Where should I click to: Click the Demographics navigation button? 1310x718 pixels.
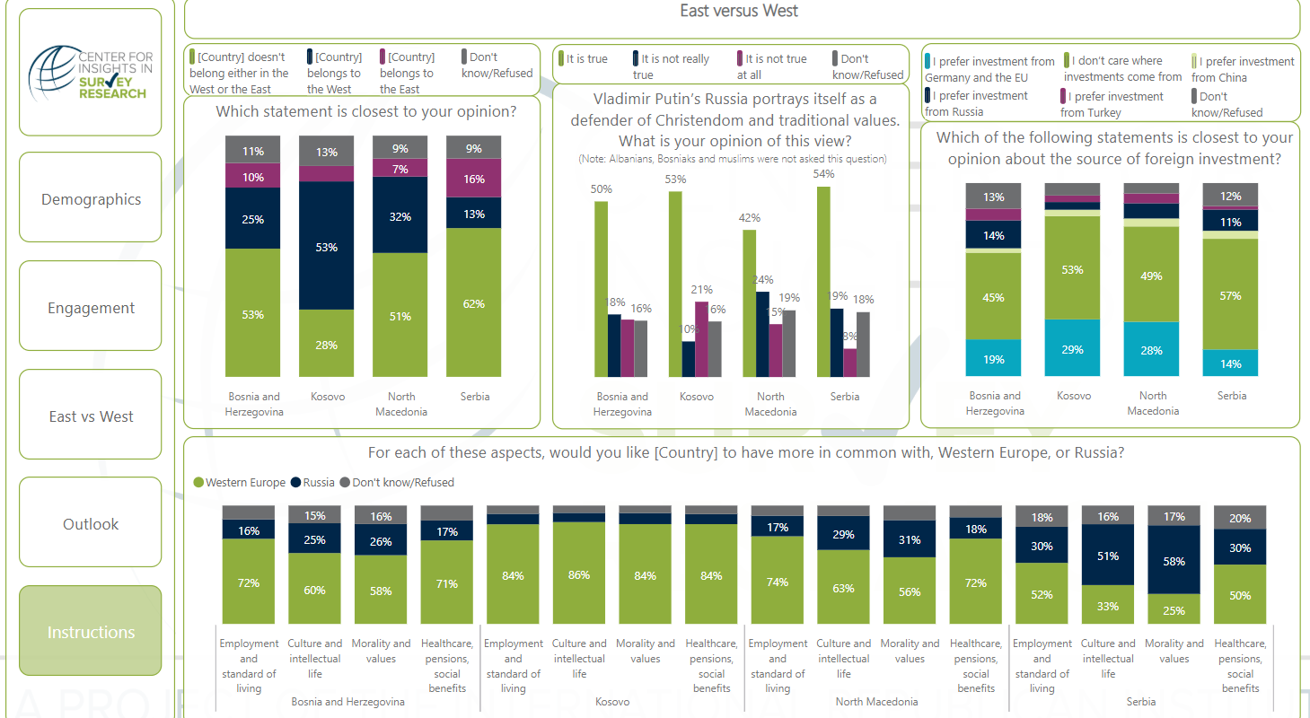pyautogui.click(x=91, y=198)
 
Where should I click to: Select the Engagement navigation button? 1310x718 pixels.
pyautogui.click(x=91, y=307)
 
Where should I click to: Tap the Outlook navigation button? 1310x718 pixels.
pyautogui.click(x=91, y=523)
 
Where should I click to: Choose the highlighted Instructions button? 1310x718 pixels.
pyautogui.click(x=91, y=632)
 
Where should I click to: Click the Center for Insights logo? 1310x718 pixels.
pyautogui.click(x=90, y=73)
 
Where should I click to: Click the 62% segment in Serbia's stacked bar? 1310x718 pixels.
pyautogui.click(x=474, y=302)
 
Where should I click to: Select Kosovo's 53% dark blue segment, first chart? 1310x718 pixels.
pyautogui.click(x=327, y=246)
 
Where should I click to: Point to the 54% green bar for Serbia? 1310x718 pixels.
pyautogui.click(x=823, y=281)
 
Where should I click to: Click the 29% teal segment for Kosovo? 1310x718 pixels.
pyautogui.click(x=1072, y=348)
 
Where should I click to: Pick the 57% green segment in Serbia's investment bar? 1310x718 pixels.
pyautogui.click(x=1230, y=294)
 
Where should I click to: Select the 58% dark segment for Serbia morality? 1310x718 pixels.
pyautogui.click(x=1174, y=561)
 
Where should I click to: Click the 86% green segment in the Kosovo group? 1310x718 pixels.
pyautogui.click(x=579, y=574)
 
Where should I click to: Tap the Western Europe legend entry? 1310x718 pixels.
pyautogui.click(x=240, y=482)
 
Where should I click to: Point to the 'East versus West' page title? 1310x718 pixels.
pyautogui.click(x=739, y=11)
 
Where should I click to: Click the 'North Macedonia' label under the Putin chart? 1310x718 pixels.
pyautogui.click(x=769, y=404)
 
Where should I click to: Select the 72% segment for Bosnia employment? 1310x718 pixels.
pyautogui.click(x=249, y=582)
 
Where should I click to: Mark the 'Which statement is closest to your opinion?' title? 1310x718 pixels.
pyautogui.click(x=365, y=112)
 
